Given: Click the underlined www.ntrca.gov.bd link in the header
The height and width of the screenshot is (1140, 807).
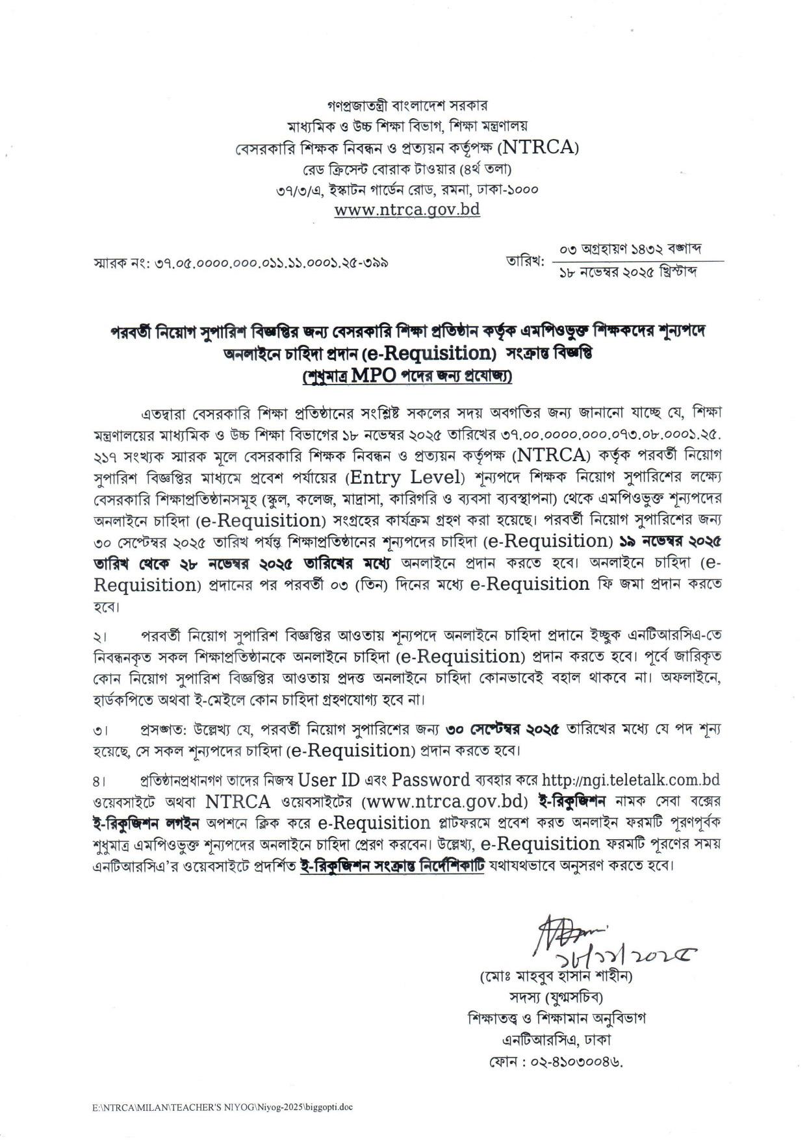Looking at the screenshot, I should [x=407, y=210].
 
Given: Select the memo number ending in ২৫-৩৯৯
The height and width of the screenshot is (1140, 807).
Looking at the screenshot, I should [x=240, y=264].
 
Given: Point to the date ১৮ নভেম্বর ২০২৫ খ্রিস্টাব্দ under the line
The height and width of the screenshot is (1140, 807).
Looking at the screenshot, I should [x=628, y=272].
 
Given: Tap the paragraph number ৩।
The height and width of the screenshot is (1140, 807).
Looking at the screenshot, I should [x=101, y=730].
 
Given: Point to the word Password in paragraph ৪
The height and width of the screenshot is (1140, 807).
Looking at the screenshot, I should [x=431, y=779].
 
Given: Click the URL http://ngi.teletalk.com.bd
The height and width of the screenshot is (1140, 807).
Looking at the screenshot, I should [x=630, y=779].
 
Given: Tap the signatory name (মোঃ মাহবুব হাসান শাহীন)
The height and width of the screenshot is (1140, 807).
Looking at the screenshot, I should [x=556, y=976].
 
